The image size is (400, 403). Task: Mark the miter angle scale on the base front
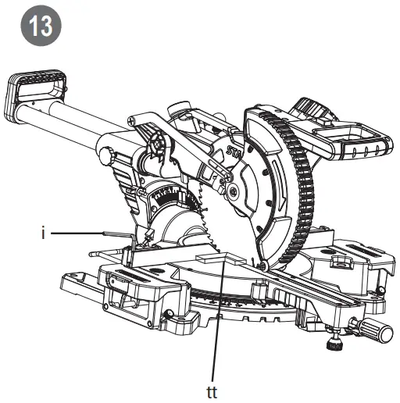(x=234, y=300)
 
